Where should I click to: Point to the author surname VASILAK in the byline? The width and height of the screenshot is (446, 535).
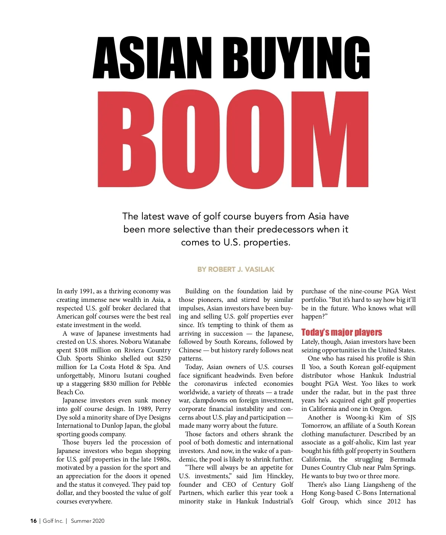(x=259, y=269)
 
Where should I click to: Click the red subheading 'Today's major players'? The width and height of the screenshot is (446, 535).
(x=342, y=332)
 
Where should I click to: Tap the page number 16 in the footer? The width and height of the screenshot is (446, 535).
(x=33, y=521)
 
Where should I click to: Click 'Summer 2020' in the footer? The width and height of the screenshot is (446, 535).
(x=88, y=521)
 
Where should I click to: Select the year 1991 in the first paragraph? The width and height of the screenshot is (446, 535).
(x=86, y=291)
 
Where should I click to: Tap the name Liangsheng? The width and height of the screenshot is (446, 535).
(x=378, y=485)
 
